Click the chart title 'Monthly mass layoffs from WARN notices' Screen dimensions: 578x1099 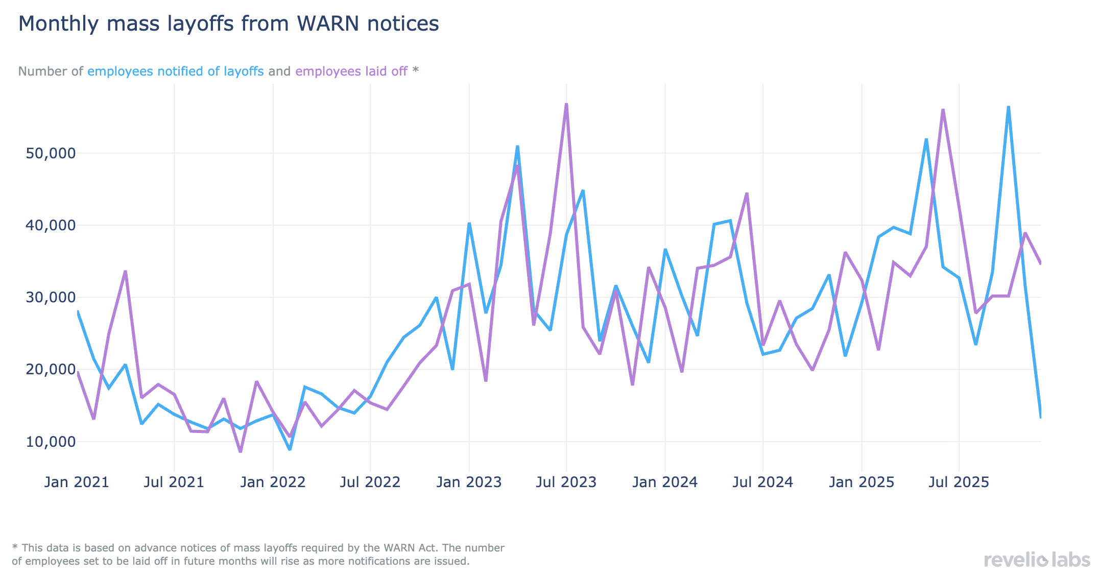tap(228, 24)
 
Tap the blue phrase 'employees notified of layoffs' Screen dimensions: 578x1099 tap(175, 71)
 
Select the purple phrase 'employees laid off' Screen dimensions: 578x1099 tap(351, 71)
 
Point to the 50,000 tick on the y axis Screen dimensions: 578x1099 tap(51, 153)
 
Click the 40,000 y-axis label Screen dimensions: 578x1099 tap(51, 225)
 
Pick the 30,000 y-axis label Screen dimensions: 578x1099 tap(51, 297)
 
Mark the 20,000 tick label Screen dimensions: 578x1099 tap(51, 370)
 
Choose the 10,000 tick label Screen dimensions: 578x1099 tap(51, 442)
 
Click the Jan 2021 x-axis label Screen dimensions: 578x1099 tap(77, 482)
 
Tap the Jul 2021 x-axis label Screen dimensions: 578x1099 tap(174, 482)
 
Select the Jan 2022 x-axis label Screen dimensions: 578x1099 tap(273, 482)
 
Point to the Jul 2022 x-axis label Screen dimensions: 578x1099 tap(370, 482)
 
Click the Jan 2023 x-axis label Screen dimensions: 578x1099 tap(469, 482)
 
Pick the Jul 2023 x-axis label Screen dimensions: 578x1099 tap(566, 482)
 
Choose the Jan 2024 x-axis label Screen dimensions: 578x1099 tap(665, 482)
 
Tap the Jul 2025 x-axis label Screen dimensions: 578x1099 tap(959, 482)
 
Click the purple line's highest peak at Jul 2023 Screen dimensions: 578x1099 tap(566, 105)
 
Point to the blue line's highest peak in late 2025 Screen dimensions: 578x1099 tap(1009, 107)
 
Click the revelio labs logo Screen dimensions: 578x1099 tap(1037, 560)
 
